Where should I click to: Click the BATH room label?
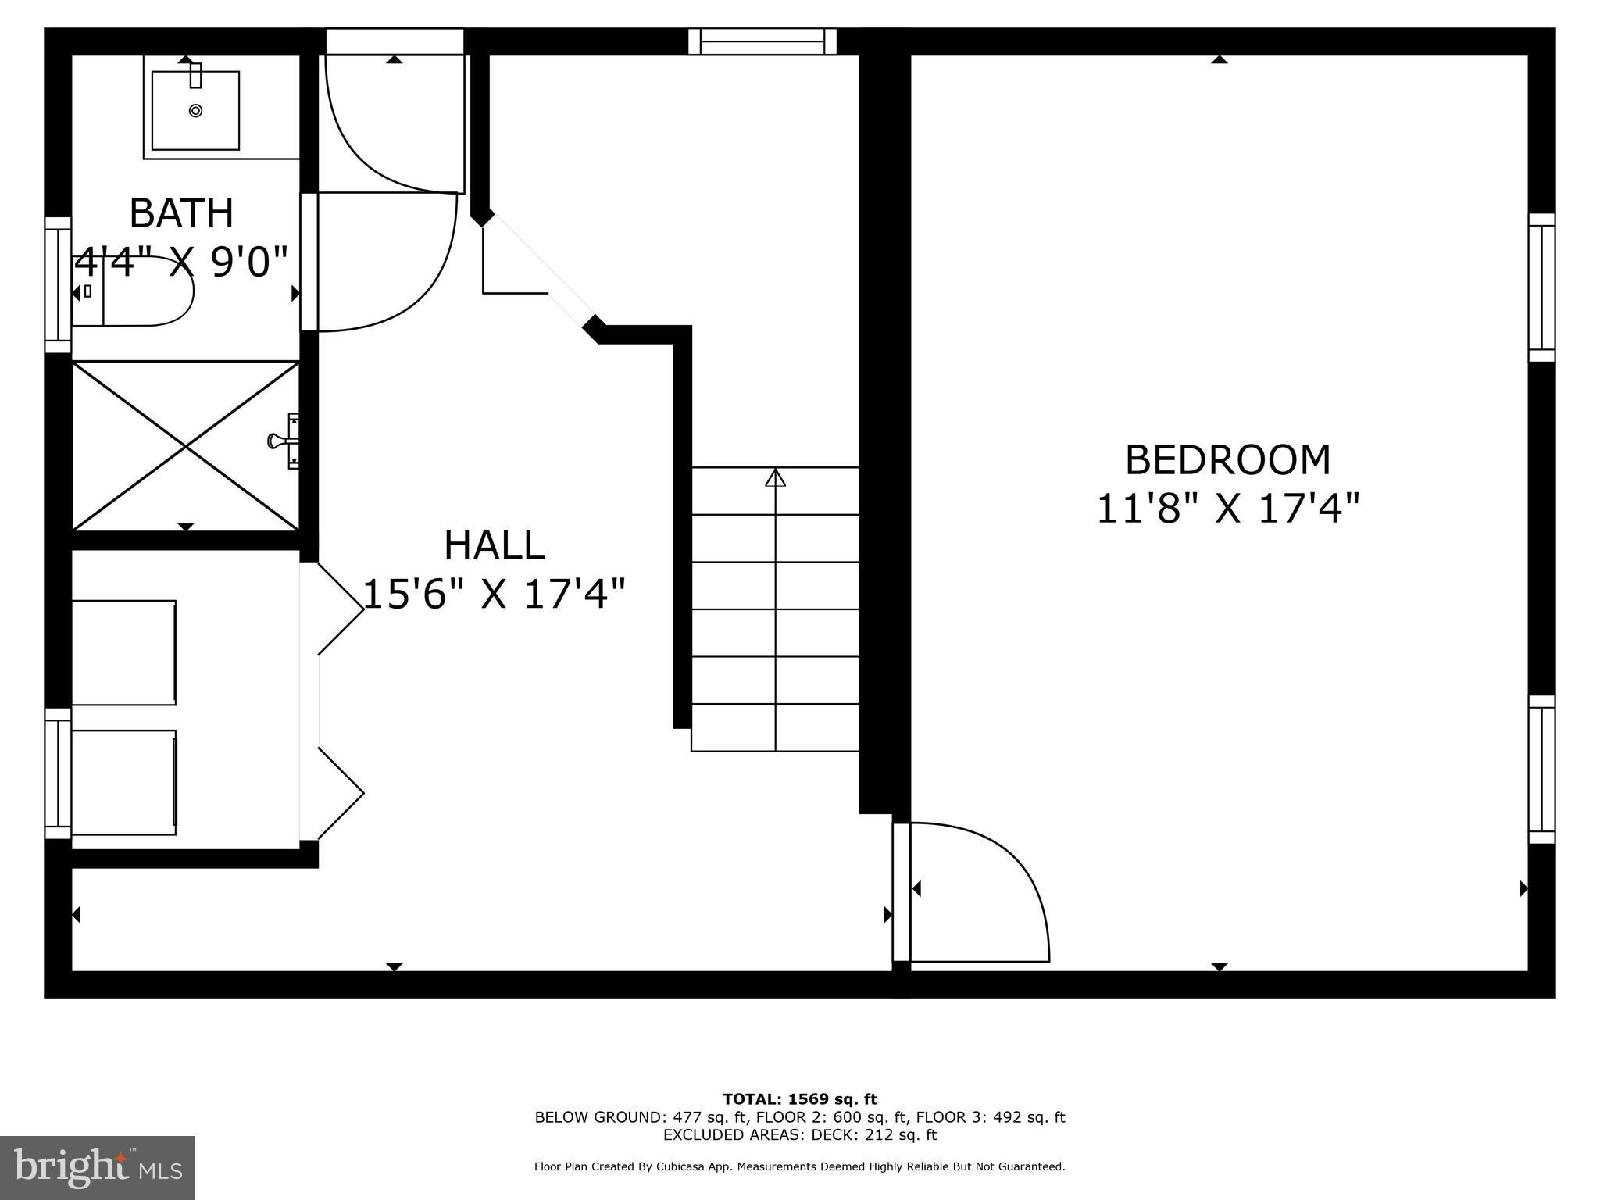point(181,213)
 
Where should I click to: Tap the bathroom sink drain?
point(195,111)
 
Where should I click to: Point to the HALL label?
point(494,545)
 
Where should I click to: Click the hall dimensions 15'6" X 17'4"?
point(495,595)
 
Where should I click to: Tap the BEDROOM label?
point(1227,460)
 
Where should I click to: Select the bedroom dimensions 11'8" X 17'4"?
point(1227,509)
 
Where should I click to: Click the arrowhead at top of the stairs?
point(775,477)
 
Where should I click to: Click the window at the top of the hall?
point(762,41)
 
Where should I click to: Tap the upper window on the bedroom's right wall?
point(1541,287)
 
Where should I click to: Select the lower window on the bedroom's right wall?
point(1541,770)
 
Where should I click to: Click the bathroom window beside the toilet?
point(58,285)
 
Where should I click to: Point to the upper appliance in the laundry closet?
point(123,652)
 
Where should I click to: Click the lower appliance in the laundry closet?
point(123,782)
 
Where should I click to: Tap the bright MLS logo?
point(98,1168)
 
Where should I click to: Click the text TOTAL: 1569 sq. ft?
point(799,1099)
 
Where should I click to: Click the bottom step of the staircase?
point(775,727)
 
